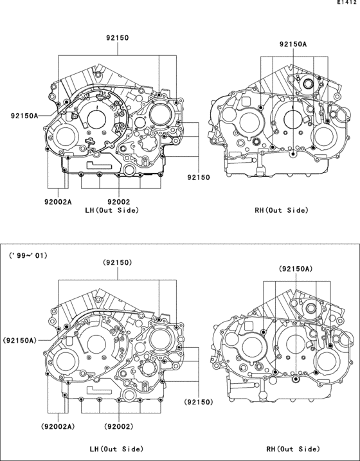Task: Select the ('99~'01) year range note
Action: [28, 255]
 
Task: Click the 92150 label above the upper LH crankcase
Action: [118, 39]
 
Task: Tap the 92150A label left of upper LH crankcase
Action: [24, 116]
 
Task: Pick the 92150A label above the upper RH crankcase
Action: [292, 44]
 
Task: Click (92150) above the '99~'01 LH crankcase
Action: [118, 263]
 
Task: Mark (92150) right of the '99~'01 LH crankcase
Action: [199, 402]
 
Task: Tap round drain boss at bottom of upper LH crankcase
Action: [129, 170]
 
